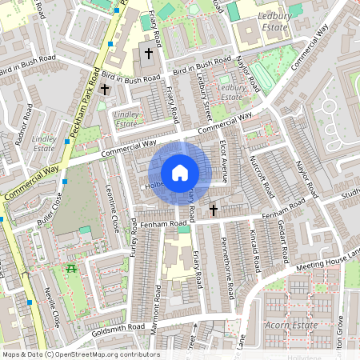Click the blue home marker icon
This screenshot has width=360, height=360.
179,172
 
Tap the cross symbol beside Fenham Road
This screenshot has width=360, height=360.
214,210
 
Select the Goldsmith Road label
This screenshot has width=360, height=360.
96,328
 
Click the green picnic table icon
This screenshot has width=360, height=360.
72,269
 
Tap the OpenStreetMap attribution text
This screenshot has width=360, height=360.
81,354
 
